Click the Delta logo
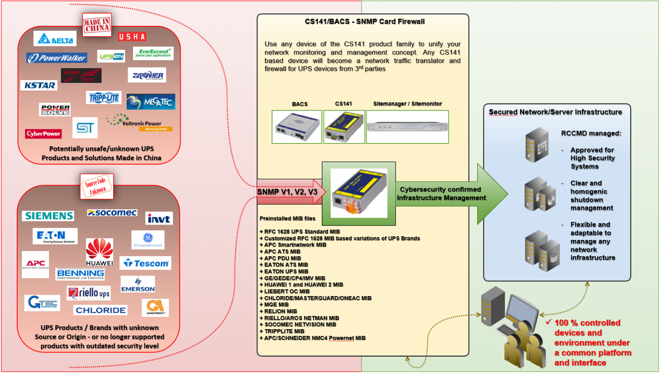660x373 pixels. [x=55, y=39]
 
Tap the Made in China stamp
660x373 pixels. [x=96, y=25]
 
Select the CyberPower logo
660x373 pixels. [x=43, y=134]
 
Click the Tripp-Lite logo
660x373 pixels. [x=104, y=98]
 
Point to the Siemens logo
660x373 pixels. [x=49, y=216]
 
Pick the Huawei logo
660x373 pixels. [x=99, y=253]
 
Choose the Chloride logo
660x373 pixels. [x=100, y=310]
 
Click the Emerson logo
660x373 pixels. [x=138, y=285]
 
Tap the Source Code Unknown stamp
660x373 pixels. [x=96, y=186]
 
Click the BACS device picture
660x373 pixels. [x=297, y=127]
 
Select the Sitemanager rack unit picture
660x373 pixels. [x=407, y=127]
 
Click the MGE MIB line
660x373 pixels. [x=276, y=305]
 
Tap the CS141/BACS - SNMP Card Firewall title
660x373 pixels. [x=364, y=21]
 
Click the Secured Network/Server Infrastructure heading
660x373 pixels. [x=555, y=112]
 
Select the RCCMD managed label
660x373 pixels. [x=591, y=133]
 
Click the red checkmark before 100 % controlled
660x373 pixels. [x=548, y=322]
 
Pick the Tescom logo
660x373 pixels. [x=146, y=263]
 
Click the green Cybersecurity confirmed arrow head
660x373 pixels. [x=493, y=194]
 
